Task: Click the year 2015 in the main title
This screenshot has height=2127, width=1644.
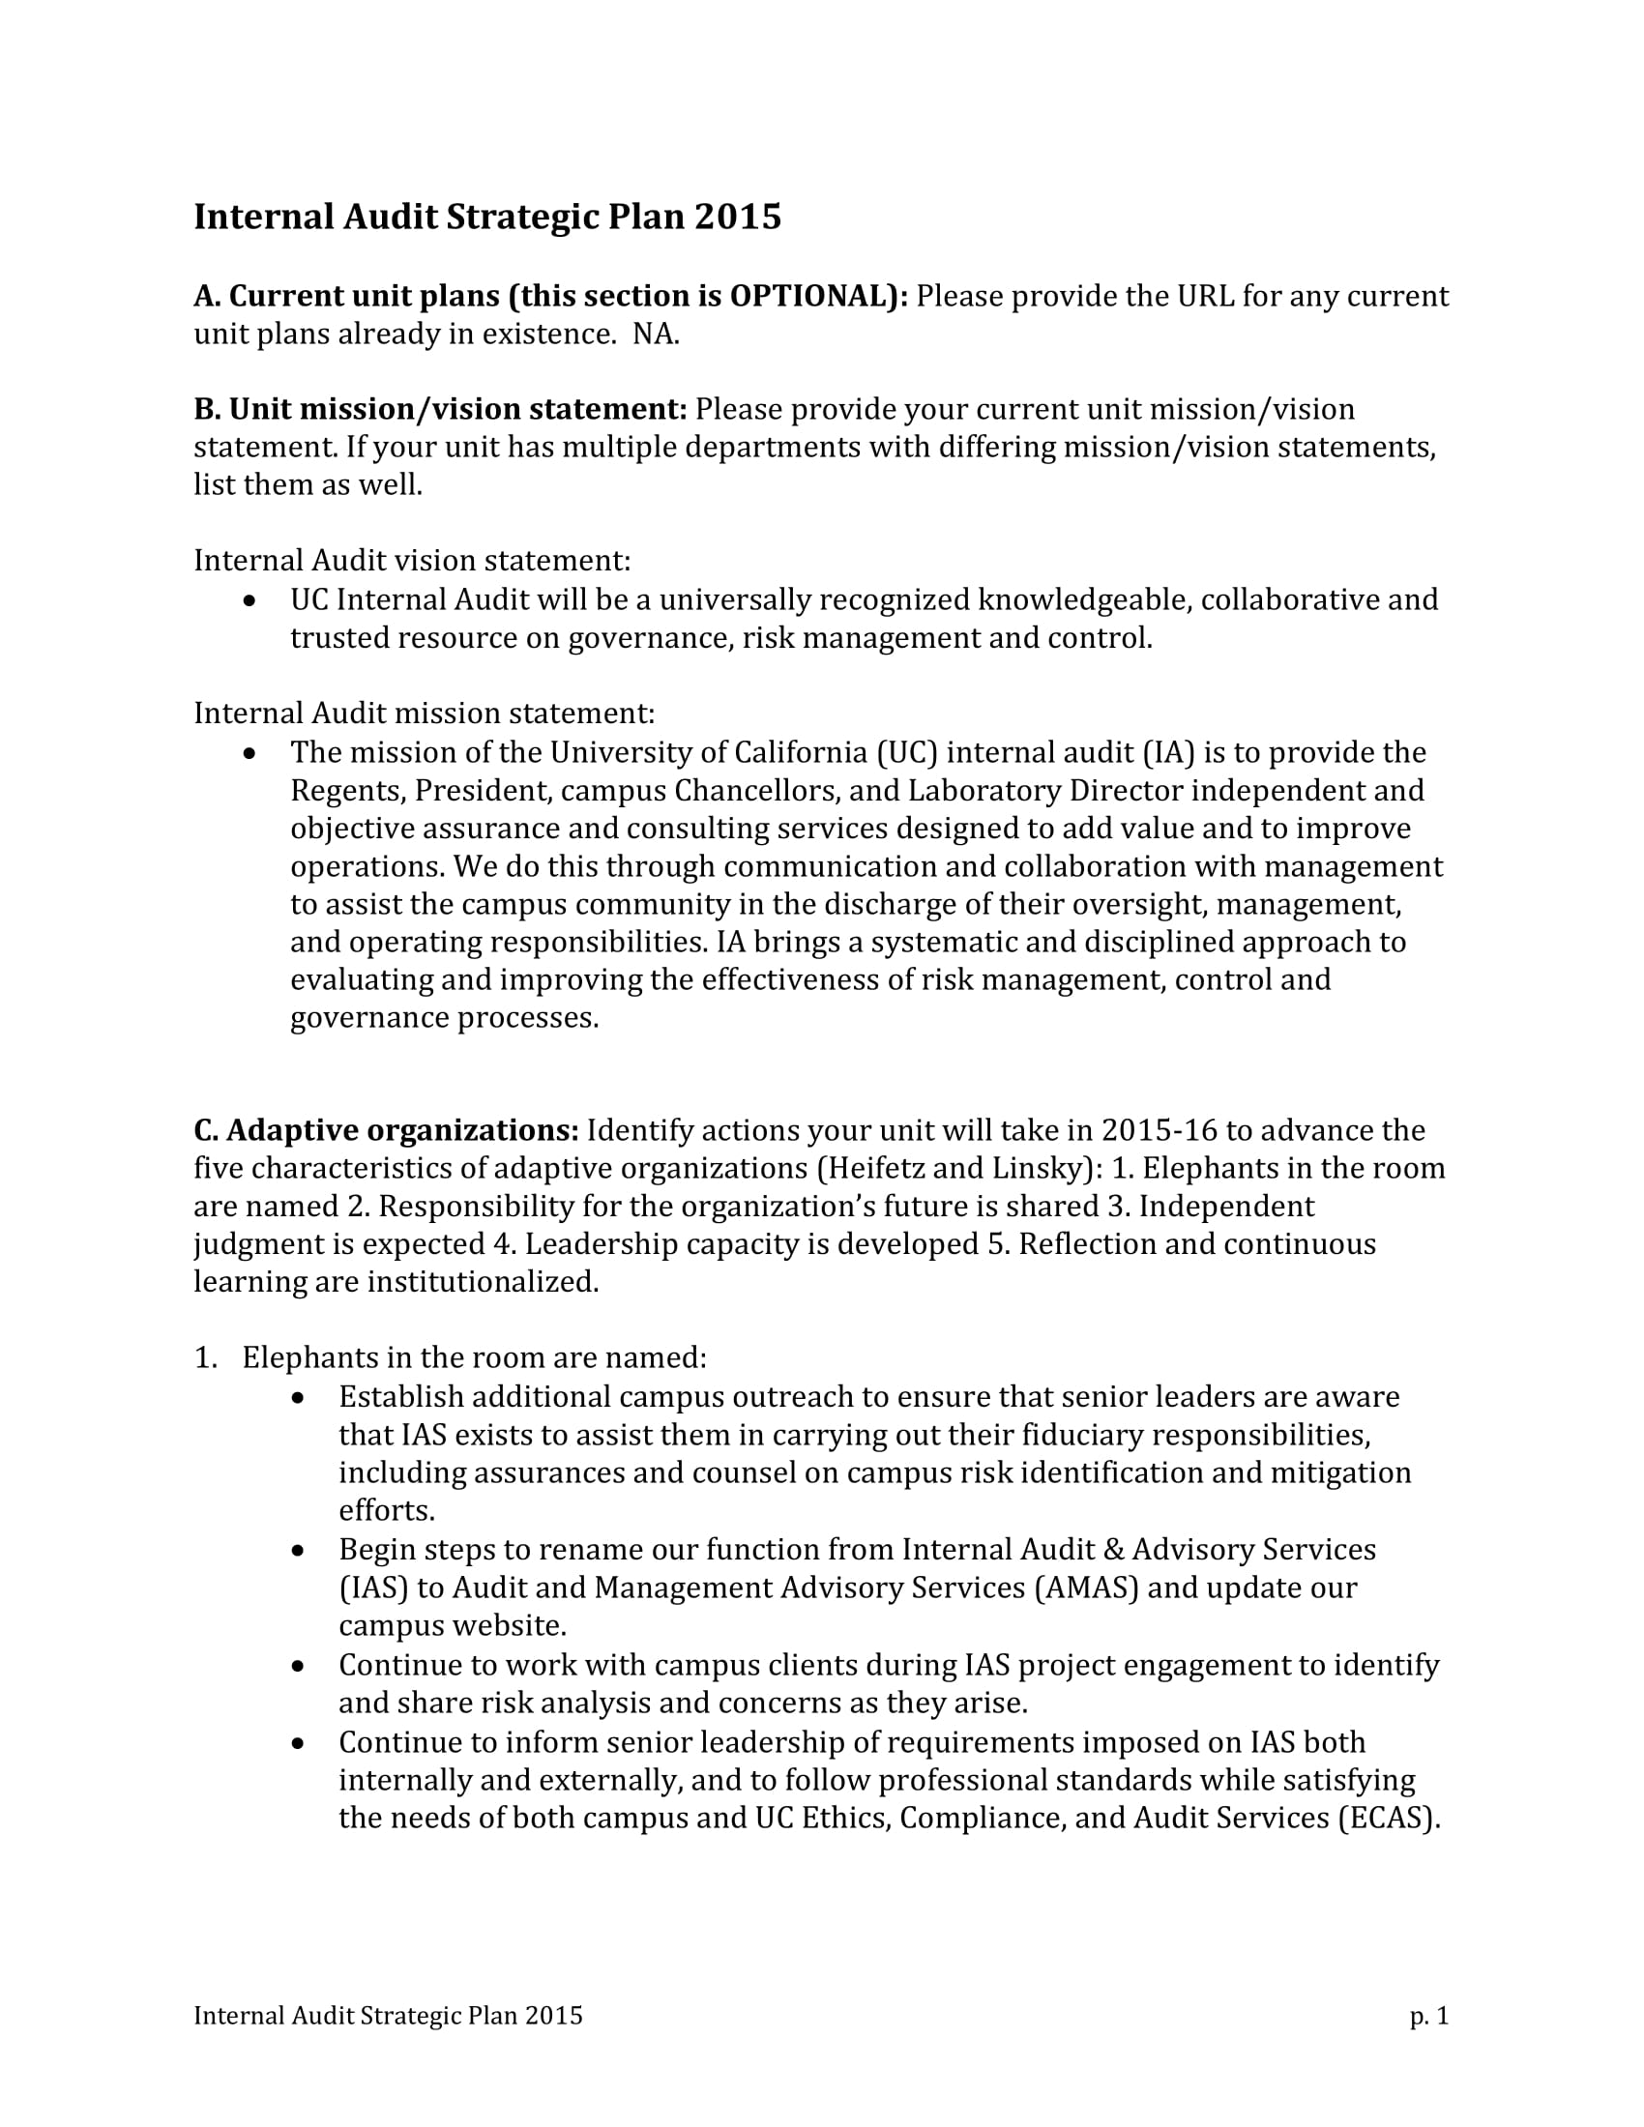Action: click(737, 217)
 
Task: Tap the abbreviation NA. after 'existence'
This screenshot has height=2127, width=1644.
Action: click(656, 335)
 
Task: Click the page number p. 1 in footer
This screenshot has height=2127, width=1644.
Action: click(1428, 2016)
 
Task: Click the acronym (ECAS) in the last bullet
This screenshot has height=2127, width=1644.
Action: click(1388, 1819)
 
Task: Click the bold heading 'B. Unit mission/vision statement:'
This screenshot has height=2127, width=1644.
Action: click(440, 409)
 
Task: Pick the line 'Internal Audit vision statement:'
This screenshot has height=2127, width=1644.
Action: click(412, 561)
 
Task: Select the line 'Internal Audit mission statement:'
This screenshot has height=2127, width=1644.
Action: click(424, 713)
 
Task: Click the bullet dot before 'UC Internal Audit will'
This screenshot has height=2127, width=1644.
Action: click(251, 601)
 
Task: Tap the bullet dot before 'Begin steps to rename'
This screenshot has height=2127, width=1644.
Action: click(299, 1551)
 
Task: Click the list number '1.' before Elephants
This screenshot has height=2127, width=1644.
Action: click(204, 1357)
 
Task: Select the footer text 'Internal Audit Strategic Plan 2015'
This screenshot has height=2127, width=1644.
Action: click(388, 2016)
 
